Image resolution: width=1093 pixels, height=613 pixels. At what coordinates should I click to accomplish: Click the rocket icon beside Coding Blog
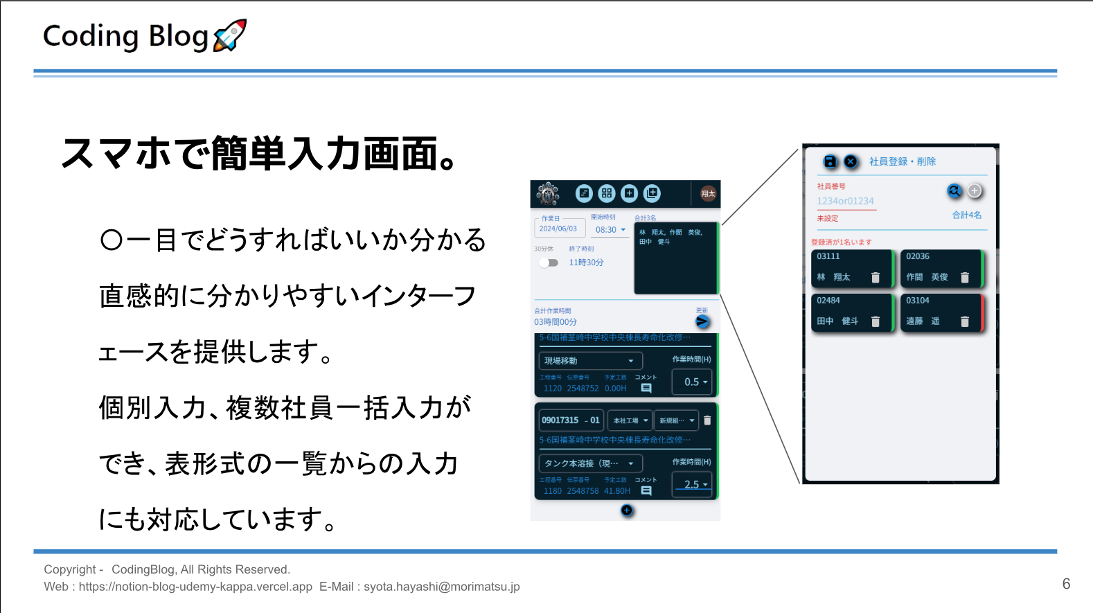(230, 35)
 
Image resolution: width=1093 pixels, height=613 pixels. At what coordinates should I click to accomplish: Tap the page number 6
(1066, 584)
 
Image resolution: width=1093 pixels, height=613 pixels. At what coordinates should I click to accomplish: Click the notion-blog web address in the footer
(195, 587)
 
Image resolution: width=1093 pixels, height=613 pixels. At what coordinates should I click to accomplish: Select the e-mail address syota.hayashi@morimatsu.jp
(441, 587)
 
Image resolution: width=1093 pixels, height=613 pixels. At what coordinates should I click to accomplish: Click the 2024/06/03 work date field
(558, 229)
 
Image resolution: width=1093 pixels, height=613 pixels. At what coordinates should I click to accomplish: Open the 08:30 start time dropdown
(610, 230)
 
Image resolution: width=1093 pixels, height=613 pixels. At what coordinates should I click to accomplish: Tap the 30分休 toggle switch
(549, 263)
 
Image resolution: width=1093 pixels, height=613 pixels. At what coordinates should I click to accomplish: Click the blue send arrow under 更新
(702, 321)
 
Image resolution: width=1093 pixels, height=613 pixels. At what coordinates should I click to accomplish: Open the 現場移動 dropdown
(589, 361)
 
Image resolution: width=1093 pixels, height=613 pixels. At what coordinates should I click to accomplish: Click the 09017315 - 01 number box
(570, 420)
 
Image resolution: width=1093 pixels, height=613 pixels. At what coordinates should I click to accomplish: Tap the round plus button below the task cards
(627, 510)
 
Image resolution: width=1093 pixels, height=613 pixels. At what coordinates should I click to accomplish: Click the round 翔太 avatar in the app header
(707, 194)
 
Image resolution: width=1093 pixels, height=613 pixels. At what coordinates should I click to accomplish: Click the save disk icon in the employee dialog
(830, 161)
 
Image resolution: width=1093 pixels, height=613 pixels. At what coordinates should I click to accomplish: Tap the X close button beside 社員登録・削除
(851, 161)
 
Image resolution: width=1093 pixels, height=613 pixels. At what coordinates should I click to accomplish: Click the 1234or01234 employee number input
(845, 202)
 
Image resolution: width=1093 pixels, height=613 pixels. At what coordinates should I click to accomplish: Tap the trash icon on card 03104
(965, 321)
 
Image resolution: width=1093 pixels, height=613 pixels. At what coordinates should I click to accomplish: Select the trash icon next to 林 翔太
(876, 278)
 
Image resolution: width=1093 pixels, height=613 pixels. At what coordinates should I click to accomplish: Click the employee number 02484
(828, 301)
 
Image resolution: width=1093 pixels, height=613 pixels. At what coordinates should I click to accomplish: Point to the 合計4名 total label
(967, 215)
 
